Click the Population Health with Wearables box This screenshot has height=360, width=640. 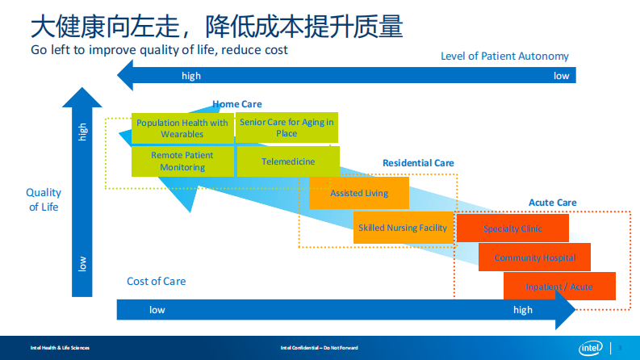182,128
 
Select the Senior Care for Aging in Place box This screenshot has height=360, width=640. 287,128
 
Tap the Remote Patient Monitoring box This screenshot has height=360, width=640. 182,161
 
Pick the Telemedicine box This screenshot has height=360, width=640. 288,161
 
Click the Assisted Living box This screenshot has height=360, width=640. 359,194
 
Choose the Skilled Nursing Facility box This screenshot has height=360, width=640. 403,228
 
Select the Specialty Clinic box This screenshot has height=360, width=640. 512,228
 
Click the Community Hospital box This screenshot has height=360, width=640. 534,257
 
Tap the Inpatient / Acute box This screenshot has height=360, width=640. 558,287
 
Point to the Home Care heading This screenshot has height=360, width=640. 237,104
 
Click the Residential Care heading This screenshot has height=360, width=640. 418,163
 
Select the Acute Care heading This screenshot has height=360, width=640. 553,203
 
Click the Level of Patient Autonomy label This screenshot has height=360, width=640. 504,57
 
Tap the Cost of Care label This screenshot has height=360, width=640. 156,282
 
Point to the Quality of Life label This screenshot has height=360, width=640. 44,200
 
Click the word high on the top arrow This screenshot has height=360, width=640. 191,76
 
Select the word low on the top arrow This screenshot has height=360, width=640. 561,76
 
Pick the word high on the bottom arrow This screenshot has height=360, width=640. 523,310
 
